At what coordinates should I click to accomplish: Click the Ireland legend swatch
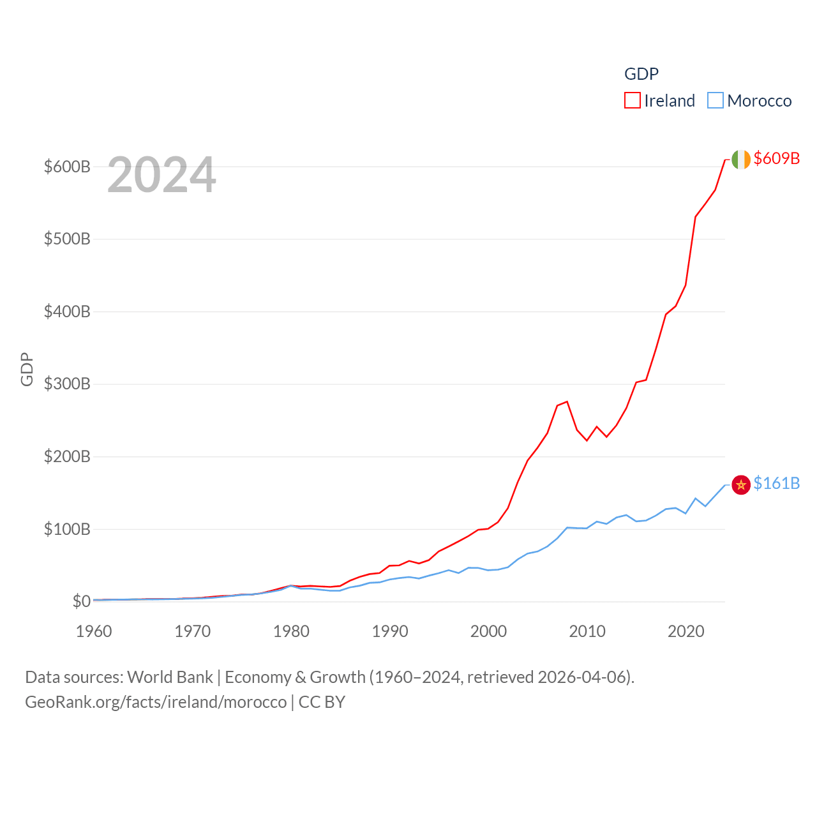click(x=632, y=101)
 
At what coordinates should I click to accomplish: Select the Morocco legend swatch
click(x=716, y=101)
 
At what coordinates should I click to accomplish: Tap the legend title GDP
click(x=641, y=74)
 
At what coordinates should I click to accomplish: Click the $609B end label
click(x=776, y=158)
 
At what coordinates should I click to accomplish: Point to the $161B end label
click(x=776, y=483)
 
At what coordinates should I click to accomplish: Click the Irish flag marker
click(x=740, y=160)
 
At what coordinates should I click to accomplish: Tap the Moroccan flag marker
click(x=740, y=485)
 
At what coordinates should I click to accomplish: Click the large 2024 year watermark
click(x=161, y=175)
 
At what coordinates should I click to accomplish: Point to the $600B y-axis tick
click(x=67, y=167)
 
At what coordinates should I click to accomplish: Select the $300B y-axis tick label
click(x=67, y=384)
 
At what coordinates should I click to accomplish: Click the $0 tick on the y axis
click(x=81, y=601)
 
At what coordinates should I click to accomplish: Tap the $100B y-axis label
click(x=67, y=529)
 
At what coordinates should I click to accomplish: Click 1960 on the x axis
click(x=94, y=631)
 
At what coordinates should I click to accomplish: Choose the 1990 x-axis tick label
click(x=390, y=631)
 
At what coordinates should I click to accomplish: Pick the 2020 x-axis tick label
click(x=686, y=631)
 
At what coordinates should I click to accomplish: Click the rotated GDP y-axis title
click(x=27, y=369)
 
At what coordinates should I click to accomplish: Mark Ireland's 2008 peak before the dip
click(x=567, y=401)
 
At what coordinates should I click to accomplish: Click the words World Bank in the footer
click(x=170, y=677)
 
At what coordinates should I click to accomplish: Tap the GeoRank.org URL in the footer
click(x=156, y=702)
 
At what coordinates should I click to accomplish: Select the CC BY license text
click(x=322, y=702)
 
